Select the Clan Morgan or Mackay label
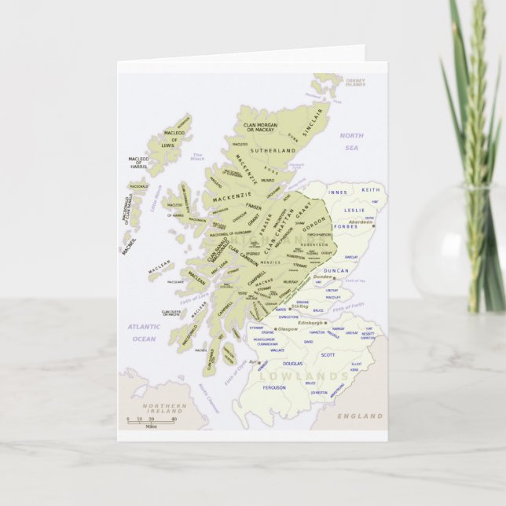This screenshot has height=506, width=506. pos(258,127)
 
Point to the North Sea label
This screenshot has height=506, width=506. pos(351,141)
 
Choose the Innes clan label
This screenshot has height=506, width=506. pos(338,192)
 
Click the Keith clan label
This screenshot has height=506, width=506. pos(370,190)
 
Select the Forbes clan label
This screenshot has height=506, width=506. pos(345,227)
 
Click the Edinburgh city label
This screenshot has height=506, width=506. pos(311,322)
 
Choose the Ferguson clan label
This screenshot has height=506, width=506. pos(274,387)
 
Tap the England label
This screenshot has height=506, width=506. pos(360,416)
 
